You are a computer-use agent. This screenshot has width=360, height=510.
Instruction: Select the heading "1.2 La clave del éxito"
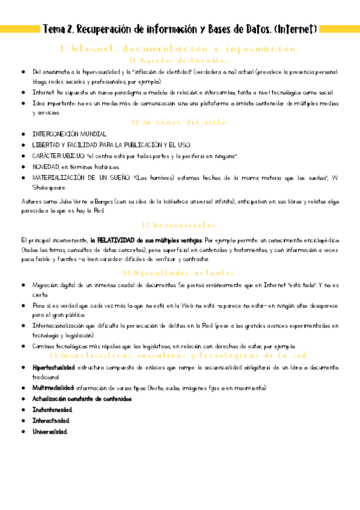coord(179,122)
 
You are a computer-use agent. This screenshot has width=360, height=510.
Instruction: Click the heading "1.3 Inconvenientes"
coord(179,225)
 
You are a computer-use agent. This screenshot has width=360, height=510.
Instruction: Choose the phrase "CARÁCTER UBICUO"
coord(59,156)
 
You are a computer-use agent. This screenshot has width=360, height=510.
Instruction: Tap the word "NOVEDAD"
coord(46,167)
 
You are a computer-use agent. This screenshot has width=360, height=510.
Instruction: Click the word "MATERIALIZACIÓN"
coord(61,178)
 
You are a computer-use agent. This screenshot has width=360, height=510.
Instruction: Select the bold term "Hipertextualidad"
coord(54,366)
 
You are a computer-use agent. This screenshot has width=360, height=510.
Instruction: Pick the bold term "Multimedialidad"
coord(53,388)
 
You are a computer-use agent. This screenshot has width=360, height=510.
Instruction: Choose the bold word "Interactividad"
coord(51,420)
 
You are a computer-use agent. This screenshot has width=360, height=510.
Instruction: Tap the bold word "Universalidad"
coord(50,431)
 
